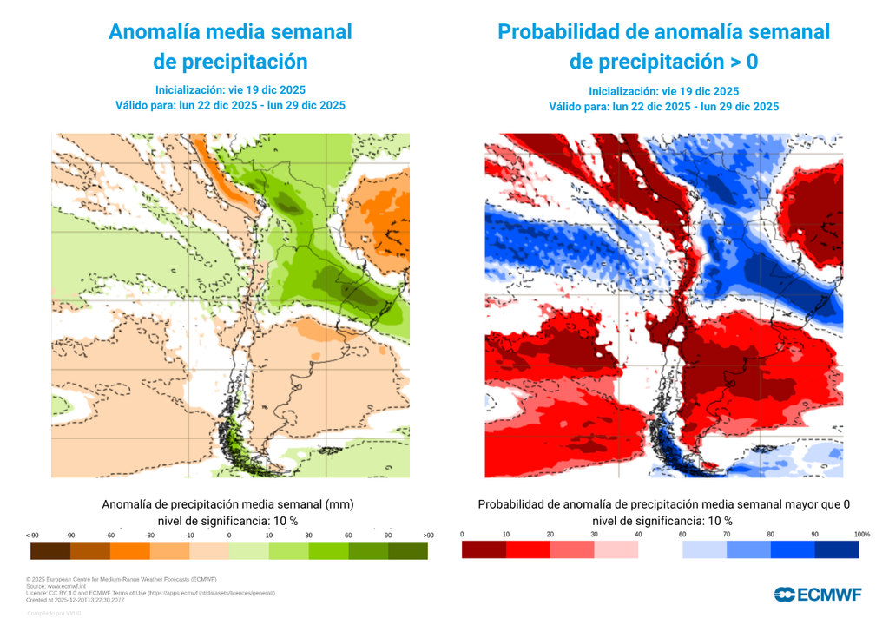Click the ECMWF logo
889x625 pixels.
point(818,595)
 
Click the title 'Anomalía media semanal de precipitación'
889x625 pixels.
point(230,47)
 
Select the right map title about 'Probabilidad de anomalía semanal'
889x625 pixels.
point(663,47)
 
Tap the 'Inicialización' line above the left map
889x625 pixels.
point(230,89)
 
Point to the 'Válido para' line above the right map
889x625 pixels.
point(663,107)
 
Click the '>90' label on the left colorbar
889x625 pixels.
point(427,536)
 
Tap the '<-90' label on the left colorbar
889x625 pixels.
point(32,536)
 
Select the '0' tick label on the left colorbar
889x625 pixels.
point(229,536)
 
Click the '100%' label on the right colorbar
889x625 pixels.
point(861,534)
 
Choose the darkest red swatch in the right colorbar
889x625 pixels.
point(484,549)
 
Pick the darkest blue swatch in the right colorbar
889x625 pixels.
point(837,549)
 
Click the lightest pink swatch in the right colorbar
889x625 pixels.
point(616,549)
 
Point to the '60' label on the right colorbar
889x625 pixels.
point(682,534)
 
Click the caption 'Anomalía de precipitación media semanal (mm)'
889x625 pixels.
point(228,504)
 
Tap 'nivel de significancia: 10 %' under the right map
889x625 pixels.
point(663,521)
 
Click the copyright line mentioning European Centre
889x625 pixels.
point(122,579)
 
